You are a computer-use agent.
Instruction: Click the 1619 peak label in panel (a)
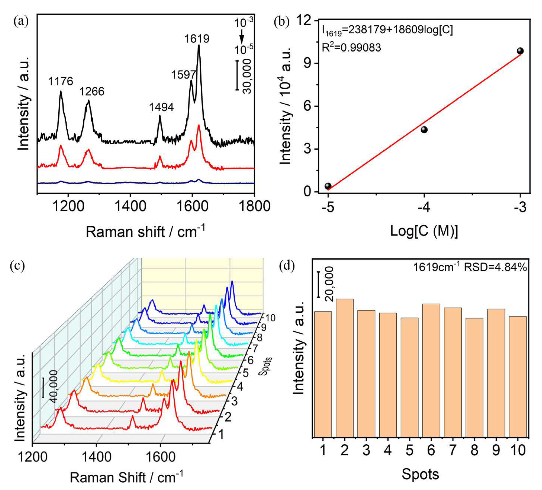point(197,39)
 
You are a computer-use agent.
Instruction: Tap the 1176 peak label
point(60,81)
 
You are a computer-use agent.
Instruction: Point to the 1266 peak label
point(92,92)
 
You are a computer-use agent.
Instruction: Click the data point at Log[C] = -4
point(424,130)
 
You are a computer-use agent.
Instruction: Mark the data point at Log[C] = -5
point(328,186)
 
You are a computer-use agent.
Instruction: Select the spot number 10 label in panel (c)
point(270,318)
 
